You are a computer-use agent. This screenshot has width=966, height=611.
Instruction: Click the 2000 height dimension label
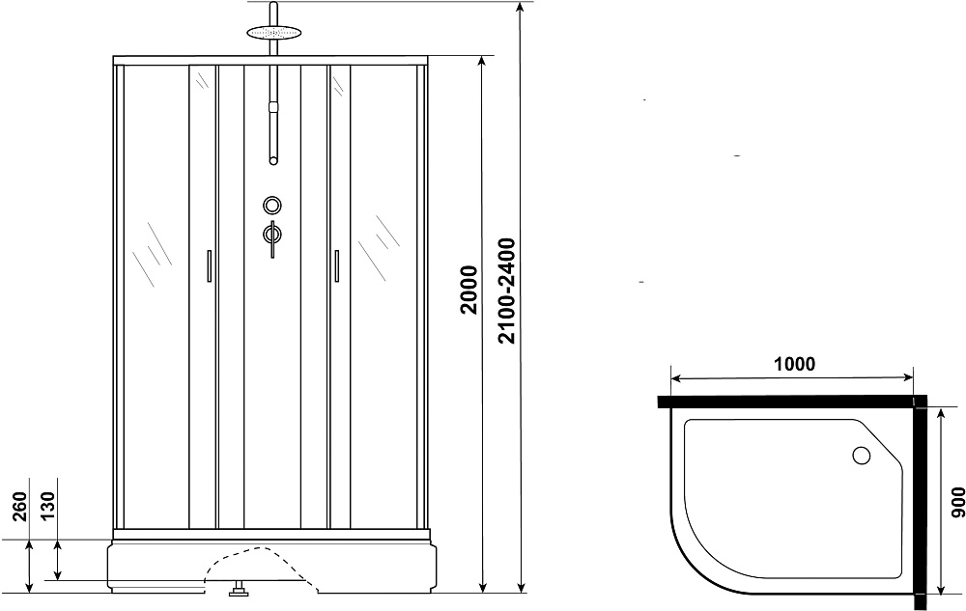(469, 290)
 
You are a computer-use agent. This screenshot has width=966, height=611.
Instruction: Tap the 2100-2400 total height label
(506, 291)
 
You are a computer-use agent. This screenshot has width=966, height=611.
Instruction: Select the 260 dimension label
(21, 507)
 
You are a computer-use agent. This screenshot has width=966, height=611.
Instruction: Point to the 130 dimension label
(48, 505)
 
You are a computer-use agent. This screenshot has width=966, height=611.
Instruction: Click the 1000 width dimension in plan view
(794, 364)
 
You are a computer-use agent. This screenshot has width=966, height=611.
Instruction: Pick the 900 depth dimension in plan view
(957, 502)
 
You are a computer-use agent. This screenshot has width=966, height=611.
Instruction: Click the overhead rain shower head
(273, 32)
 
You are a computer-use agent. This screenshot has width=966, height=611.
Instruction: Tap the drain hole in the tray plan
(861, 456)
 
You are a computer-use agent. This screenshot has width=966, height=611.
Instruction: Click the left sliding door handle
(210, 265)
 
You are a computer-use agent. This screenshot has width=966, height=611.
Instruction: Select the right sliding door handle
(336, 265)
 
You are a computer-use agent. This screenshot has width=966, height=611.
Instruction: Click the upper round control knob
(272, 205)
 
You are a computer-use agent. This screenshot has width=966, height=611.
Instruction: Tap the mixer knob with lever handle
(272, 236)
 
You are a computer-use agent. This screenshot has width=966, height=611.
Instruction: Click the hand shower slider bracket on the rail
(273, 107)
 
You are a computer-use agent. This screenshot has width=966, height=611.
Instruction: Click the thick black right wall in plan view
(921, 503)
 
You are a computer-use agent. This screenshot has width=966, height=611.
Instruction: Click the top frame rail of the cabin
(270, 60)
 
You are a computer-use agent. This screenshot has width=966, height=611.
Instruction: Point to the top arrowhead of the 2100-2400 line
(522, 6)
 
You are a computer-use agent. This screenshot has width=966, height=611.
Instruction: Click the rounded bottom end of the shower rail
(273, 161)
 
